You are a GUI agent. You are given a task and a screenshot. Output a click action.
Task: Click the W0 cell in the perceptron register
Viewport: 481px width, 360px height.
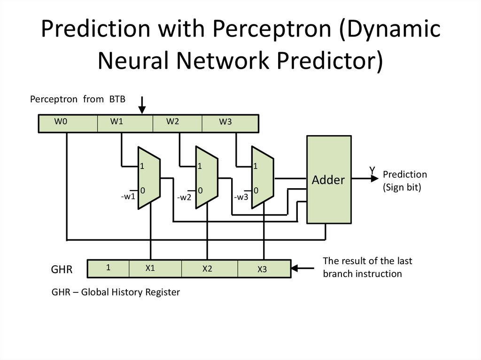(x=68, y=123)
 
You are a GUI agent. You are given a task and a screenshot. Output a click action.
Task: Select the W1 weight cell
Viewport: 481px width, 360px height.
(x=125, y=123)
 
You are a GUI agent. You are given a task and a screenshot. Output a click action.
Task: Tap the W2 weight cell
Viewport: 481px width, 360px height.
(x=177, y=123)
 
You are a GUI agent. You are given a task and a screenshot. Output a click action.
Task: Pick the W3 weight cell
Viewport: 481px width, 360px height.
(x=230, y=123)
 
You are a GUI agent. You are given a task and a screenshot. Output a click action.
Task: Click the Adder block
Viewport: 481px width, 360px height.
(x=329, y=179)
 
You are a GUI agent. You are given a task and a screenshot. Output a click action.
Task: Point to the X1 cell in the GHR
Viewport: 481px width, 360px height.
(x=155, y=268)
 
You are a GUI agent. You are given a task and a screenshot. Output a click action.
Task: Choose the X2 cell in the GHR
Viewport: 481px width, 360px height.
(x=209, y=268)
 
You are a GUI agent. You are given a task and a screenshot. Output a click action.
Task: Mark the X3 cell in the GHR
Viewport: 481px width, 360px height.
(x=264, y=268)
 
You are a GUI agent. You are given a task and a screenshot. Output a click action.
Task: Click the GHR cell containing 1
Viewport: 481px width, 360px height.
(x=109, y=268)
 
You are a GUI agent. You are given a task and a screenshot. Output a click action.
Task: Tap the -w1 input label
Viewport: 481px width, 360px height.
(x=128, y=197)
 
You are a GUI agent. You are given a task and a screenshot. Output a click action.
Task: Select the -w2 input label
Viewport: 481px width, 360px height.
(x=184, y=197)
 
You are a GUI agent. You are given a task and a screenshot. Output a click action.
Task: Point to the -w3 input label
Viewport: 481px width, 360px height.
(x=241, y=197)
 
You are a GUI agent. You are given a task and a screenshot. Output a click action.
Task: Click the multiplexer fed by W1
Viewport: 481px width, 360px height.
(x=149, y=178)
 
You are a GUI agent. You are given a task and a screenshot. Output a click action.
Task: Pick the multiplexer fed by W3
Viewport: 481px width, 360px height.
(x=263, y=177)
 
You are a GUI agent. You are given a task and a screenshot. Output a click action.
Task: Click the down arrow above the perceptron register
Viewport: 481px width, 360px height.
(x=142, y=105)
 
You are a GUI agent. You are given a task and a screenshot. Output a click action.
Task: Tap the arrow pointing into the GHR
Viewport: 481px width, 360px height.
(x=303, y=268)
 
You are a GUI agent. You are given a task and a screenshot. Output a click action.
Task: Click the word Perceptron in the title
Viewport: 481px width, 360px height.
(x=272, y=29)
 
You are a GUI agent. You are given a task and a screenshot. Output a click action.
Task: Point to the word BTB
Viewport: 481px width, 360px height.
(x=117, y=99)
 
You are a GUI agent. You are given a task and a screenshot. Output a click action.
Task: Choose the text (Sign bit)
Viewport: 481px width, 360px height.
(x=402, y=187)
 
